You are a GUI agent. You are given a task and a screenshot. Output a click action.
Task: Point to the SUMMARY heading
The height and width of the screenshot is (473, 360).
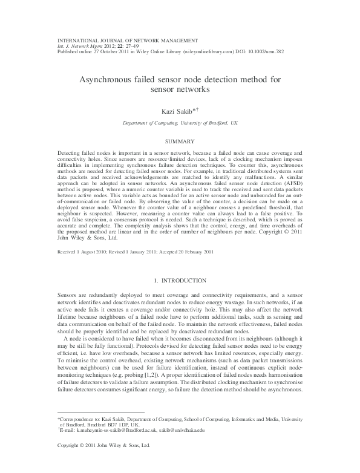pos(180,142)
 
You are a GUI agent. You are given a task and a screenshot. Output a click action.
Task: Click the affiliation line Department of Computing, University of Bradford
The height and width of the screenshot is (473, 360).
pos(180,122)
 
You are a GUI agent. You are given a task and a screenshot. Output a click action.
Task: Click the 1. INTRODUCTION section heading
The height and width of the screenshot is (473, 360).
pos(180,281)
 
